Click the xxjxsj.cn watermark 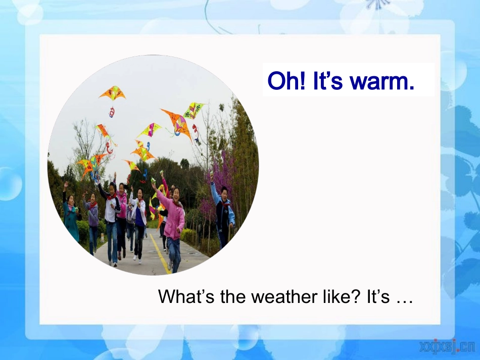(x=448, y=347)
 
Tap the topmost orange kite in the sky (x=113, y=93)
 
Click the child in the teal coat (x=71, y=216)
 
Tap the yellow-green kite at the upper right (x=194, y=110)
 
